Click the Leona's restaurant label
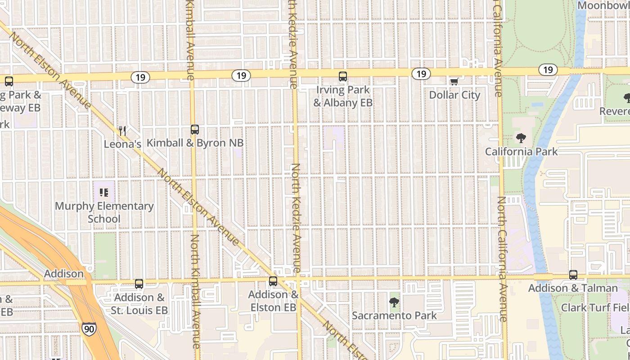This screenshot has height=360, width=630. tap(122, 144)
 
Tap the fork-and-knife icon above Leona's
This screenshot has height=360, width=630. tap(122, 130)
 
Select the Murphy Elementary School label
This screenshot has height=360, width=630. tap(104, 212)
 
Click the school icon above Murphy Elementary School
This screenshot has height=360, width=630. tap(104, 193)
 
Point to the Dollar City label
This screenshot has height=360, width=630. tap(454, 95)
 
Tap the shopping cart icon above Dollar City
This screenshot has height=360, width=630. tap(454, 81)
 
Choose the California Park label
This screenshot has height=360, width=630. tap(521, 151)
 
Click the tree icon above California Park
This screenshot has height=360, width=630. tap(521, 138)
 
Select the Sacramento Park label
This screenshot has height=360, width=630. tap(394, 315)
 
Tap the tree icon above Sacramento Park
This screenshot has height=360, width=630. tap(394, 302)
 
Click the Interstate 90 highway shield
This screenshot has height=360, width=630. tap(89, 329)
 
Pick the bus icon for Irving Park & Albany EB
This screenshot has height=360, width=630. tap(343, 76)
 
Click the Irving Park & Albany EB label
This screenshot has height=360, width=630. tap(343, 96)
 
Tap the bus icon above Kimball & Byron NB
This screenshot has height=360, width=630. tap(195, 130)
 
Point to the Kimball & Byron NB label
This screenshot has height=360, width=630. tap(195, 143)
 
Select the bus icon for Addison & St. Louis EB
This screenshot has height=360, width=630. tap(139, 284)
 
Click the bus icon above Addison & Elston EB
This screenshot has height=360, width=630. tap(273, 281)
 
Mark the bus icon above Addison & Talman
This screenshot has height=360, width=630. tap(573, 274)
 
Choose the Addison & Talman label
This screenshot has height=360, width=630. tap(573, 288)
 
